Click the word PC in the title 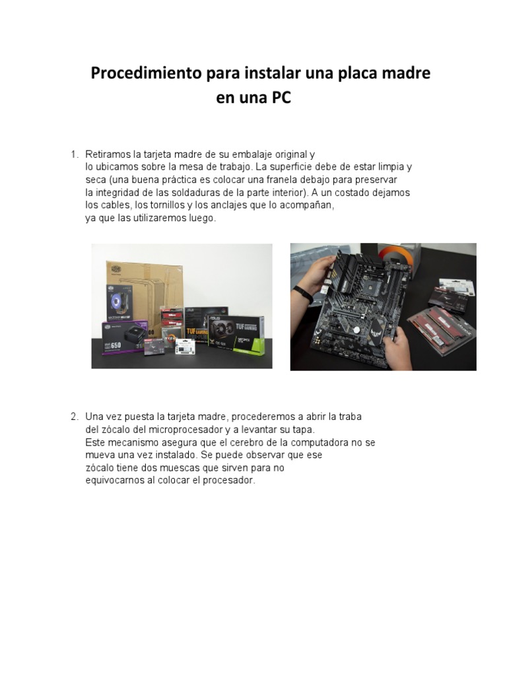pos(280,98)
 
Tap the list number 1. pos(74,154)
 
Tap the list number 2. pos(75,417)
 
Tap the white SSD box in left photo pos(186,347)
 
